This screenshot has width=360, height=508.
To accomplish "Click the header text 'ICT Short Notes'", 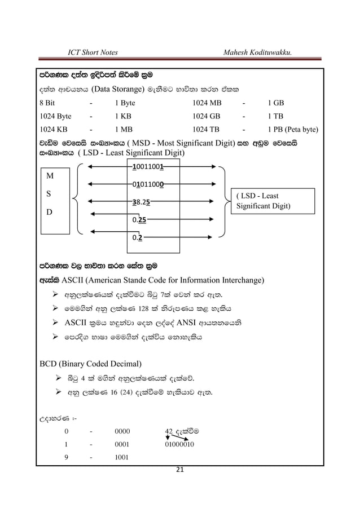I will (92, 52).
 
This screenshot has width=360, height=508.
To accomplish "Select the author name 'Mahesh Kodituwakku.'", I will (261, 52).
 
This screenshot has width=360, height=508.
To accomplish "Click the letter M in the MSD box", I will (50, 176).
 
